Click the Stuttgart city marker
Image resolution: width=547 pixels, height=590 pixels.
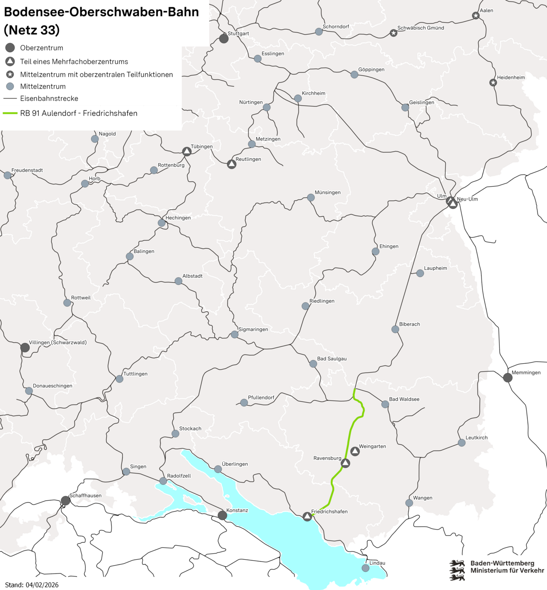click(x=224, y=38)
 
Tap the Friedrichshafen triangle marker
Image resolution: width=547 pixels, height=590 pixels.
click(x=307, y=517)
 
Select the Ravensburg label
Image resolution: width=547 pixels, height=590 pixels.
click(x=327, y=458)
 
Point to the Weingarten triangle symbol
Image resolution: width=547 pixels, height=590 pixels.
click(x=355, y=452)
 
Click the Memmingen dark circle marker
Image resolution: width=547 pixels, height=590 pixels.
click(x=508, y=377)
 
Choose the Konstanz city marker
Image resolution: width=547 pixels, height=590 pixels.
click(x=222, y=515)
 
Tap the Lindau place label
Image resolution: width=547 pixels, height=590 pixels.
click(x=377, y=563)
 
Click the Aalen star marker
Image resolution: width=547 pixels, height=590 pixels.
click(x=476, y=16)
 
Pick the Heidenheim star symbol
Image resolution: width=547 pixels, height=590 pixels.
click(x=493, y=83)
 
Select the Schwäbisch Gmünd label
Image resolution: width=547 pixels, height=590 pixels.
click(x=421, y=28)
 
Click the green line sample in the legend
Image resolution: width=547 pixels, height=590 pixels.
click(x=10, y=113)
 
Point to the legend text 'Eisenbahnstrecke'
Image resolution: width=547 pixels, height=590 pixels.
click(x=49, y=98)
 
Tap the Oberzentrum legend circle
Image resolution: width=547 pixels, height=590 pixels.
click(x=10, y=48)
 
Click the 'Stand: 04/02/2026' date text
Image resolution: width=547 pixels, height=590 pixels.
click(x=32, y=585)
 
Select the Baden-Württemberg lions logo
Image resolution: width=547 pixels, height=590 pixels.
click(x=456, y=570)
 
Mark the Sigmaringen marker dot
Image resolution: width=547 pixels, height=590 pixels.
click(x=234, y=334)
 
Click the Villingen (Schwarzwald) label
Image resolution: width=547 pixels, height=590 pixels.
click(x=58, y=342)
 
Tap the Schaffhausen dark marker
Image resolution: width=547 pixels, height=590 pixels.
click(x=65, y=501)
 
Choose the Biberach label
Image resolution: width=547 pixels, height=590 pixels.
click(x=409, y=324)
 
